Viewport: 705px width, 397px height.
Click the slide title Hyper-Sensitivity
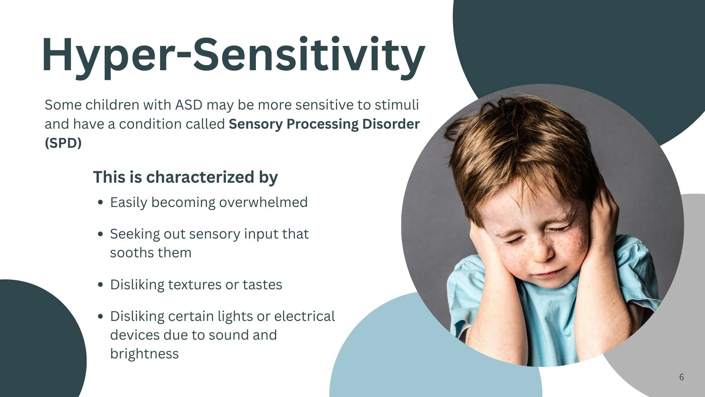pos(234,55)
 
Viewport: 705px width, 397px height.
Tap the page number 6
pos(681,377)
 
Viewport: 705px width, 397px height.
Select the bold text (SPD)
pos(63,143)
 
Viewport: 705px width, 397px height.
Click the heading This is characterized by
pos(185,177)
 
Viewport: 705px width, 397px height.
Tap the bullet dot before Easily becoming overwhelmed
pos(101,203)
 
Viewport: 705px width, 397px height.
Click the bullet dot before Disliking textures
pos(101,285)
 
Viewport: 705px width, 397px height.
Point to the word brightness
pos(144,354)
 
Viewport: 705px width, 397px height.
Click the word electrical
pos(304,316)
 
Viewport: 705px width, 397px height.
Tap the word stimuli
pos(397,105)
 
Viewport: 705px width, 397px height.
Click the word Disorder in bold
pos(391,124)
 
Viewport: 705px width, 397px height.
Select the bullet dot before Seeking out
pos(101,234)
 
